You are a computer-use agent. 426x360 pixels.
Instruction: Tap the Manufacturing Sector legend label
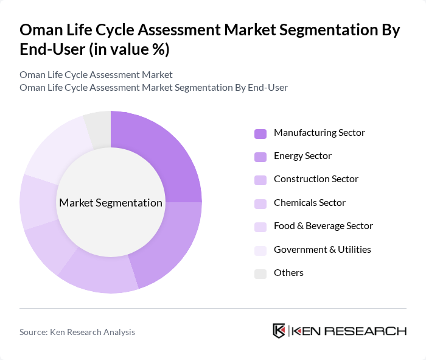point(319,132)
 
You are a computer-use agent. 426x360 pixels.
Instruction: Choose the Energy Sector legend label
point(302,156)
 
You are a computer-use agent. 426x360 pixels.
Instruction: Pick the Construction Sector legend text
point(316,179)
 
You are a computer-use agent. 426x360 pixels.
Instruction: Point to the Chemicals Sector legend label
point(309,203)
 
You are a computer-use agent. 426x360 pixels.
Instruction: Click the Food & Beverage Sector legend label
point(323,226)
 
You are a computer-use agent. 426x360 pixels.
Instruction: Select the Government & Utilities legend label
point(322,249)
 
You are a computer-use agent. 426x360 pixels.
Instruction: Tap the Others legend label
point(288,272)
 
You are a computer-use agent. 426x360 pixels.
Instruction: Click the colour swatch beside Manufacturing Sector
point(260,133)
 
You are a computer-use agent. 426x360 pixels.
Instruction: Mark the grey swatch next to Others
point(260,274)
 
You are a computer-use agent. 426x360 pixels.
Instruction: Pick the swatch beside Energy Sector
point(260,157)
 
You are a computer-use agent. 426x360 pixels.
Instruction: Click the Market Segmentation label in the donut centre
point(111,203)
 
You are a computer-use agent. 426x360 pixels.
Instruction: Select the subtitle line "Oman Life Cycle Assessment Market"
point(96,74)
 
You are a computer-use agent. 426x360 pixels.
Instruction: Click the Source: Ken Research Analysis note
point(77,332)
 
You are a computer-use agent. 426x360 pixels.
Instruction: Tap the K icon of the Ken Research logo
point(279,331)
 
